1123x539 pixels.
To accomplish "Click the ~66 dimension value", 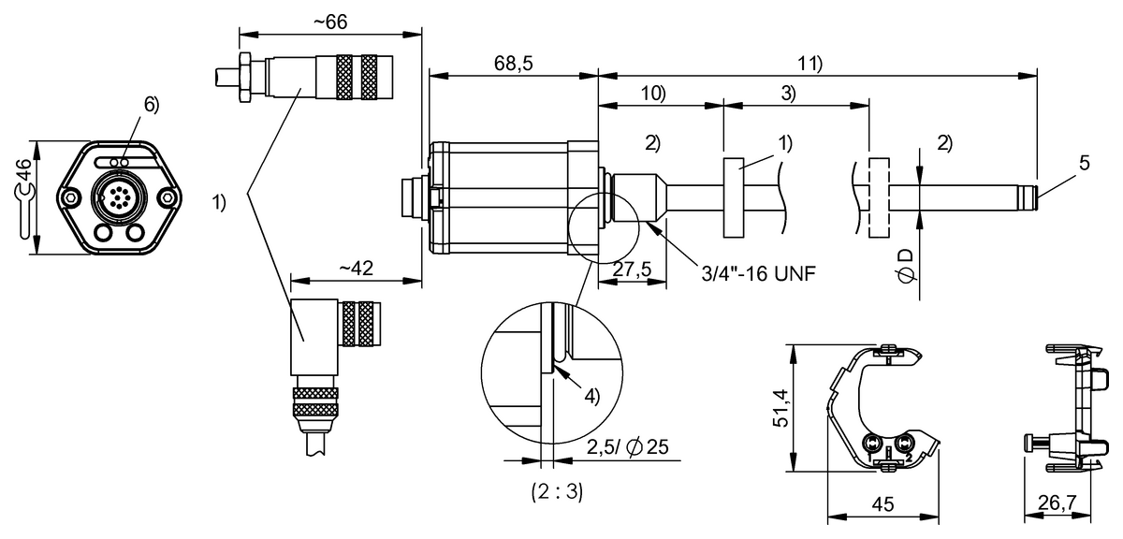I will [x=330, y=23].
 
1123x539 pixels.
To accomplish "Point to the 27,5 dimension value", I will [x=633, y=269].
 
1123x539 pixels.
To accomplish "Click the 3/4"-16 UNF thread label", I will [x=758, y=274].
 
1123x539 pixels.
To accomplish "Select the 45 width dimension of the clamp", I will [x=882, y=504].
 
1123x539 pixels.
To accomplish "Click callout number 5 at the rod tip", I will [x=1084, y=163].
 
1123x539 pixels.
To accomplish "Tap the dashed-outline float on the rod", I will [x=877, y=198].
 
